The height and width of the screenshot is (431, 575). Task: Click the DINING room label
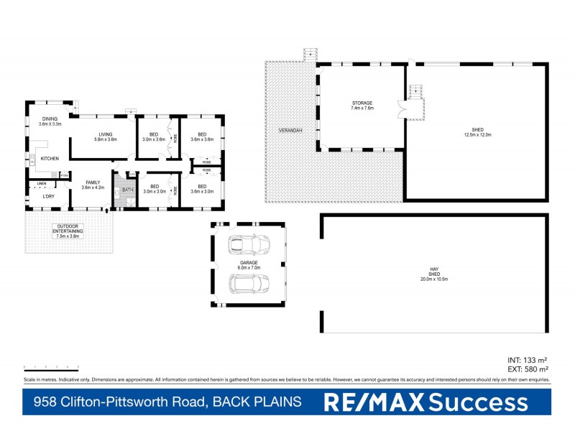click(49, 119)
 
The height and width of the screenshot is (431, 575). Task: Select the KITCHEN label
click(49, 158)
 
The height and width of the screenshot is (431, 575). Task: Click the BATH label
click(127, 190)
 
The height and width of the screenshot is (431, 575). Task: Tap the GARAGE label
click(249, 263)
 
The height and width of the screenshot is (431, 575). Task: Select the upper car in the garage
click(246, 245)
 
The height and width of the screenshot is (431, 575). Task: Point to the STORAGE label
click(362, 103)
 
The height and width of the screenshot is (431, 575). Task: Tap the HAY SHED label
click(433, 272)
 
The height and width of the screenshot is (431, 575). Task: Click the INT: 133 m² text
click(528, 360)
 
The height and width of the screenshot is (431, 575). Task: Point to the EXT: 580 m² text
click(527, 369)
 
